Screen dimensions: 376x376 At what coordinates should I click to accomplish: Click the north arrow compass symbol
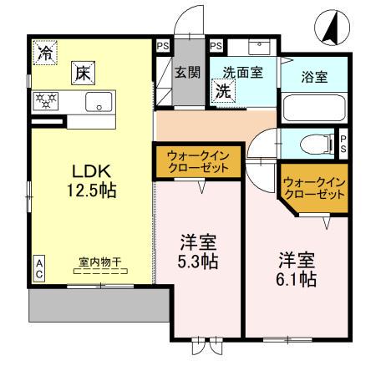[x=330, y=30]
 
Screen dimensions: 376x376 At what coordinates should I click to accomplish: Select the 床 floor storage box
[x=84, y=73]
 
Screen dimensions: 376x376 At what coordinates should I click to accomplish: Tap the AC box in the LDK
[x=38, y=268]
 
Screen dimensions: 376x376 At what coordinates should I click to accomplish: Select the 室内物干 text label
[x=100, y=262]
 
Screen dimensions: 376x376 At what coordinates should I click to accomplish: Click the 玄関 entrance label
[x=186, y=72]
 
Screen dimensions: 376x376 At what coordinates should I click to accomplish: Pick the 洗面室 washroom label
[x=242, y=72]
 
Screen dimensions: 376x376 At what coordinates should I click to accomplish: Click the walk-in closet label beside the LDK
[x=197, y=161]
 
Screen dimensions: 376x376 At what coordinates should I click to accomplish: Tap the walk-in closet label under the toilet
[x=313, y=188]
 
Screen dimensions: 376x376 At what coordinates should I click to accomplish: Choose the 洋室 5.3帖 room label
[x=199, y=252]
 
